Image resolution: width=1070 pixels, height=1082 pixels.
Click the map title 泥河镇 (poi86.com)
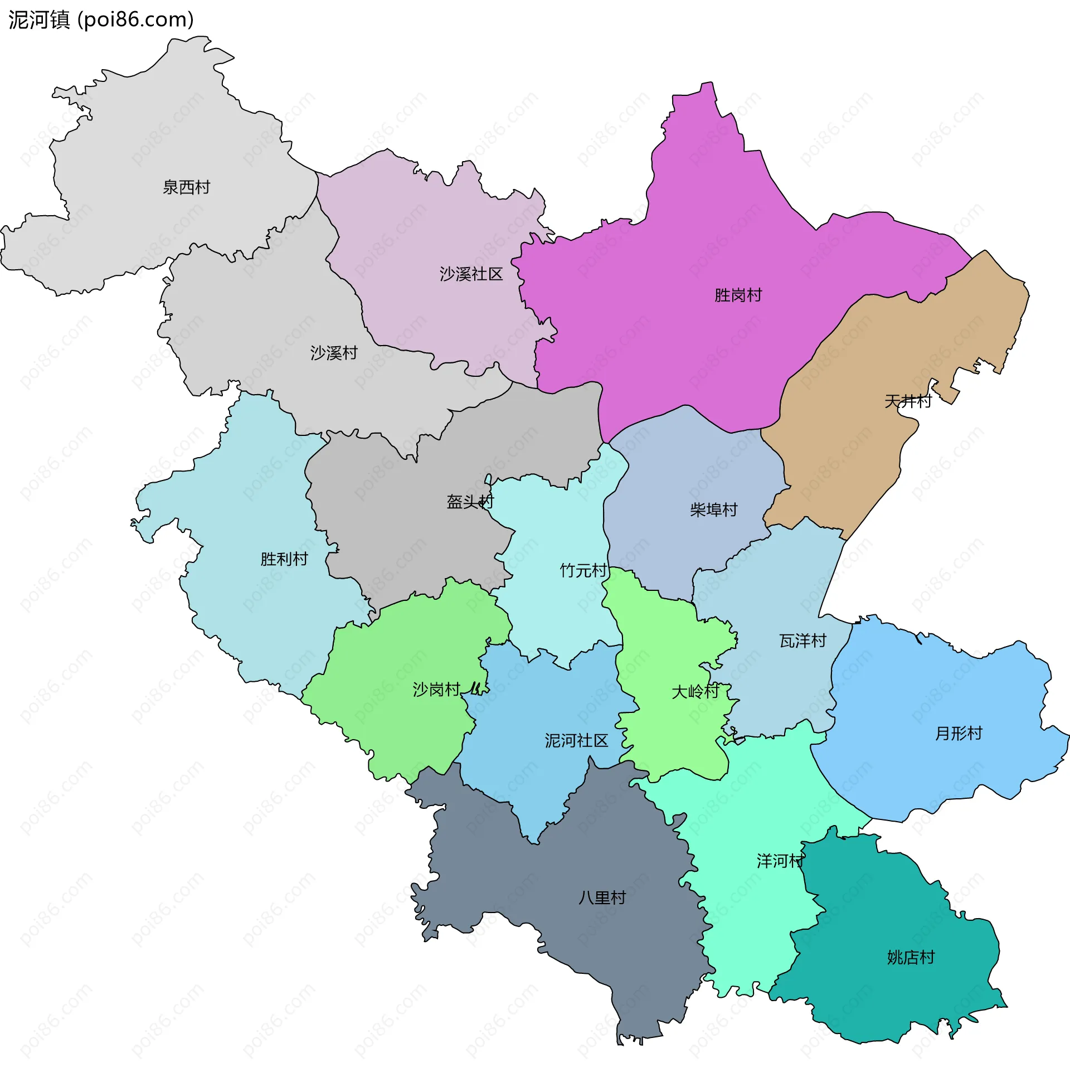point(101,20)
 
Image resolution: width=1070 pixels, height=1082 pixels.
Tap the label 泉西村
point(187,187)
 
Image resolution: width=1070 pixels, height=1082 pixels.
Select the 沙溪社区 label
point(471,274)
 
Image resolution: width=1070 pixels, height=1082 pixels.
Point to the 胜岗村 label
point(738,295)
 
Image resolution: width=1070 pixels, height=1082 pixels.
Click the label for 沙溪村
point(334,353)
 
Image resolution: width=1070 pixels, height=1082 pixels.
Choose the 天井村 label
point(908,401)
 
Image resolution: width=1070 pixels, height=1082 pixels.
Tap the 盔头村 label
point(470,502)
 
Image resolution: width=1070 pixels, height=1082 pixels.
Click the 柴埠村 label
point(713,510)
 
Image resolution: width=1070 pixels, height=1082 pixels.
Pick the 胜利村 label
point(284,559)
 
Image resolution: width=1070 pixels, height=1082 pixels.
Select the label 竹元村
point(583,570)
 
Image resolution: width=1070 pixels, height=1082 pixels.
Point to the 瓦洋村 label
point(802,641)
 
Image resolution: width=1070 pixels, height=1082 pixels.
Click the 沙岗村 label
point(436,690)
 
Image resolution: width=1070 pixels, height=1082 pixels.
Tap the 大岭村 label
point(695,692)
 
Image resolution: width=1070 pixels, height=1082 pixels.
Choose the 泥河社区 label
point(576,741)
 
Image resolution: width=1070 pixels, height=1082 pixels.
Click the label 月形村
point(959,733)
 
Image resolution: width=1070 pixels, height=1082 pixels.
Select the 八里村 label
point(602,897)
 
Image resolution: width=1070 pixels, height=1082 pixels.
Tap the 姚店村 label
point(911,957)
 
